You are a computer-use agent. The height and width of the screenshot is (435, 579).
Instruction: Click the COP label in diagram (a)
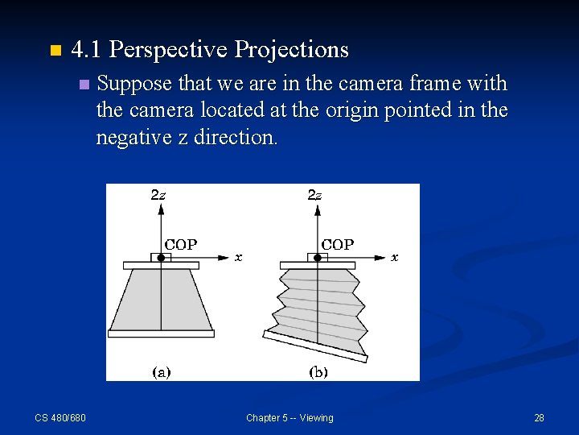click(x=181, y=244)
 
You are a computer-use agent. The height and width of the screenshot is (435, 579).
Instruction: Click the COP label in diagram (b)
click(x=338, y=244)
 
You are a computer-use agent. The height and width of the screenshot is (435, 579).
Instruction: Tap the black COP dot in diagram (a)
click(x=161, y=258)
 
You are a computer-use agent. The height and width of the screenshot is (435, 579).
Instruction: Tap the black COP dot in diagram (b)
click(x=318, y=258)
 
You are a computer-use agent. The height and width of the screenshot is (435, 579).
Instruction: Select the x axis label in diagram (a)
click(x=238, y=258)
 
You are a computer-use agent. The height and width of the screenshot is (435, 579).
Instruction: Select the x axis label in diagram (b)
click(x=394, y=258)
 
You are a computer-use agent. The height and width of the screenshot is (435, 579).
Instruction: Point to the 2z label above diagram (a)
click(x=158, y=195)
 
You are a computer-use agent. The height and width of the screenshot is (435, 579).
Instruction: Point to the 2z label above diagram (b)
click(x=315, y=195)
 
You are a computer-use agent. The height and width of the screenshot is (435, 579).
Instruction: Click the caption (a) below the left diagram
click(x=161, y=372)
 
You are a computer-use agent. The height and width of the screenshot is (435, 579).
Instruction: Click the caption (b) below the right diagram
click(x=318, y=372)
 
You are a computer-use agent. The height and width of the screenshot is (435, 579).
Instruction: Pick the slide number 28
click(x=539, y=417)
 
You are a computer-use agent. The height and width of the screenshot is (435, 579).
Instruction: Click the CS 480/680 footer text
click(x=60, y=417)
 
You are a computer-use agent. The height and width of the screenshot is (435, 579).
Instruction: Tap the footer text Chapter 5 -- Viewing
click(x=289, y=417)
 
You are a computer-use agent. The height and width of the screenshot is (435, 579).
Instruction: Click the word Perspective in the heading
click(x=168, y=50)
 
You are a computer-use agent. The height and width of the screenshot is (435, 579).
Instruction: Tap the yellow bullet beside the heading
click(x=54, y=51)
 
